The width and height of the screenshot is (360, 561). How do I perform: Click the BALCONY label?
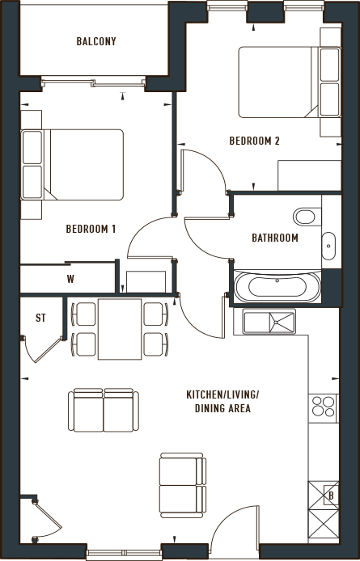click(x=96, y=42)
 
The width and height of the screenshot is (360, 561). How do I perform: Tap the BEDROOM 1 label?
click(x=91, y=229)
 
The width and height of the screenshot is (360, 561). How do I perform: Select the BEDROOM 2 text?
click(x=254, y=141)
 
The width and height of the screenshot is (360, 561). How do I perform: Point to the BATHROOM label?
click(x=275, y=238)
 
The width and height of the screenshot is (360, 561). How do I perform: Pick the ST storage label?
click(x=39, y=318)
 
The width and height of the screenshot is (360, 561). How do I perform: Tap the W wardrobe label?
click(x=70, y=280)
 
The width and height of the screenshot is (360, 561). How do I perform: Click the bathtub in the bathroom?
click(x=275, y=287)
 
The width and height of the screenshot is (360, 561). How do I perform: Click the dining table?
click(x=119, y=328)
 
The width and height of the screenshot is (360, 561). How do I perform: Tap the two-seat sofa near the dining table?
click(x=104, y=411)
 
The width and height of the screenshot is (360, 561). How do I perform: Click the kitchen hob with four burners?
click(x=323, y=406)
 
